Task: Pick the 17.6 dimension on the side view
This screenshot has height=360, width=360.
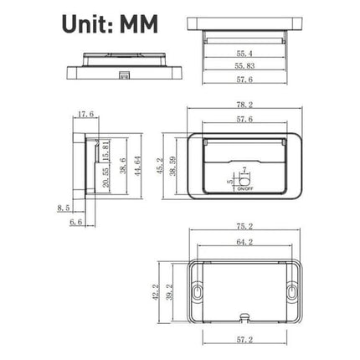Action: tap(85, 115)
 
